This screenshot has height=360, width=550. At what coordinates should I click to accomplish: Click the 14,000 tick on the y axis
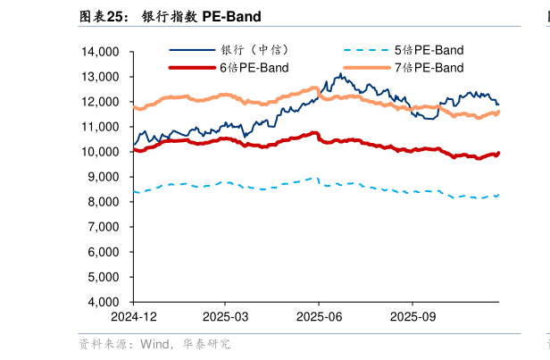(x=103, y=52)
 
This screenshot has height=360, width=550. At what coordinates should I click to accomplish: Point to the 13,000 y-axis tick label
(x=103, y=77)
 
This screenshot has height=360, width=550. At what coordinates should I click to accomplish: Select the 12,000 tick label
(x=103, y=102)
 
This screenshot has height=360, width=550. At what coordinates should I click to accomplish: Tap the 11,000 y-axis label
(x=103, y=127)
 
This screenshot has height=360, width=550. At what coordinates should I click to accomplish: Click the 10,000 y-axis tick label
(x=103, y=152)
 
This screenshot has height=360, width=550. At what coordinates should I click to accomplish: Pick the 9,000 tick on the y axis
(x=106, y=177)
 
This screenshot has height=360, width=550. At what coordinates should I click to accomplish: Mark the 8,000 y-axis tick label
(x=106, y=202)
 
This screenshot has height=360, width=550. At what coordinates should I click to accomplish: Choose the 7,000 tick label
(x=106, y=227)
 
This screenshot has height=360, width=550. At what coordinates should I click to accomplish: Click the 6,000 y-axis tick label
(x=106, y=252)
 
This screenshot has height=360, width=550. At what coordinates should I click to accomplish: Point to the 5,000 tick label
(x=106, y=277)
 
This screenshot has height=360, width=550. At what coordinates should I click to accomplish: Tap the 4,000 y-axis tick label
(x=106, y=302)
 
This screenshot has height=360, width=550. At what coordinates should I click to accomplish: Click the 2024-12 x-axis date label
(x=134, y=316)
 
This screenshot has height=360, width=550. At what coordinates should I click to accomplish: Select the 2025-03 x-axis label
(x=227, y=316)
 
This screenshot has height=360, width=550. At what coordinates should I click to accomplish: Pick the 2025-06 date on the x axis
(x=320, y=316)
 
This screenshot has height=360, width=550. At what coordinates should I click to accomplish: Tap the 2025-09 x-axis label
(x=412, y=316)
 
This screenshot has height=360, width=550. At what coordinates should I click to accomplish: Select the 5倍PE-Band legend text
(x=429, y=50)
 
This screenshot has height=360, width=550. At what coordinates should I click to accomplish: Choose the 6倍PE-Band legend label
(x=254, y=67)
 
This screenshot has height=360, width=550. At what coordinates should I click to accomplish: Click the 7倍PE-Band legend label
(x=429, y=67)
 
